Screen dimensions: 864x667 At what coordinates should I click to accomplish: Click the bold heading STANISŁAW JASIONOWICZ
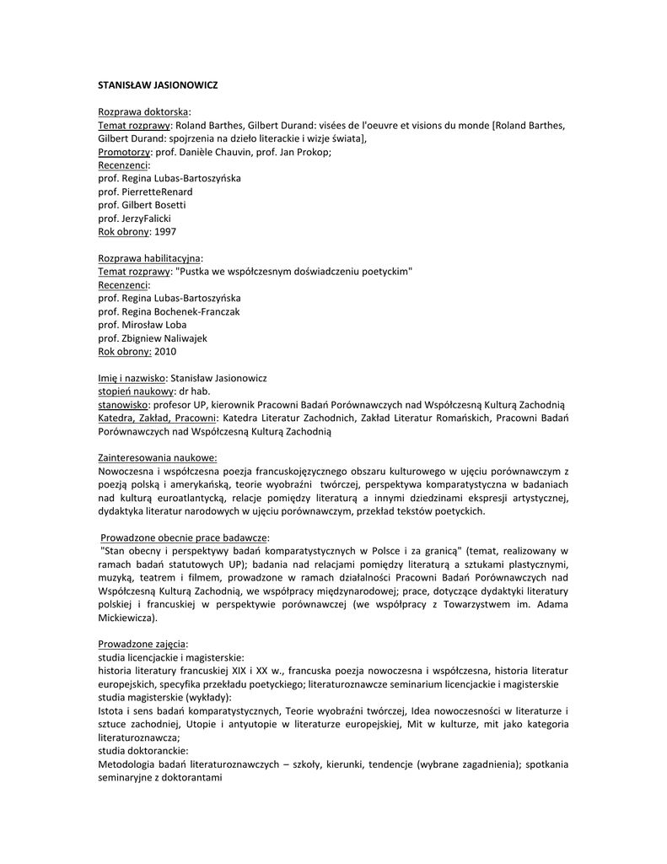point(159,85)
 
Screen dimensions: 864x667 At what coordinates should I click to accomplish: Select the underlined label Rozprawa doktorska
point(143,111)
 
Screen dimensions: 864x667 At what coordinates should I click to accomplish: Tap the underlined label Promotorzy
point(124,152)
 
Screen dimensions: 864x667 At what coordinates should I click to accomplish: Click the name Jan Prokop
point(304,152)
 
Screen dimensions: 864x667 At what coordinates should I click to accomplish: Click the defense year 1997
point(165,231)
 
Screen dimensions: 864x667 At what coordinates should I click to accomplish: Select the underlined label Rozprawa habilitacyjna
point(150,257)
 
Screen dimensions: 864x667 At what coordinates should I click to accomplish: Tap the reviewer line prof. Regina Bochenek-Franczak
point(169,311)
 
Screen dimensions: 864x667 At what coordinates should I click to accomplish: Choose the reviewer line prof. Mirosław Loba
point(143,324)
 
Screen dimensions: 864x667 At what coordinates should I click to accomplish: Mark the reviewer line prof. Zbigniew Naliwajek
point(152,337)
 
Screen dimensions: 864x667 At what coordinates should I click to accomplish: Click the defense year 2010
point(165,351)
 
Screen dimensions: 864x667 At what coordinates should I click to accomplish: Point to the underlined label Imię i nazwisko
point(132,378)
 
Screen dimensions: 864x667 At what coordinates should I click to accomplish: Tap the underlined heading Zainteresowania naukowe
point(158,458)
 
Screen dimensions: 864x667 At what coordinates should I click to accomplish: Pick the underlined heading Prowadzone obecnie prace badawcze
point(185,537)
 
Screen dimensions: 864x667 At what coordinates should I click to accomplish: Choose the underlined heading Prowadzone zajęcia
point(143,644)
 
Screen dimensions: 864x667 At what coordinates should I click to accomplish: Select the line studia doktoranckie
point(143,751)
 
